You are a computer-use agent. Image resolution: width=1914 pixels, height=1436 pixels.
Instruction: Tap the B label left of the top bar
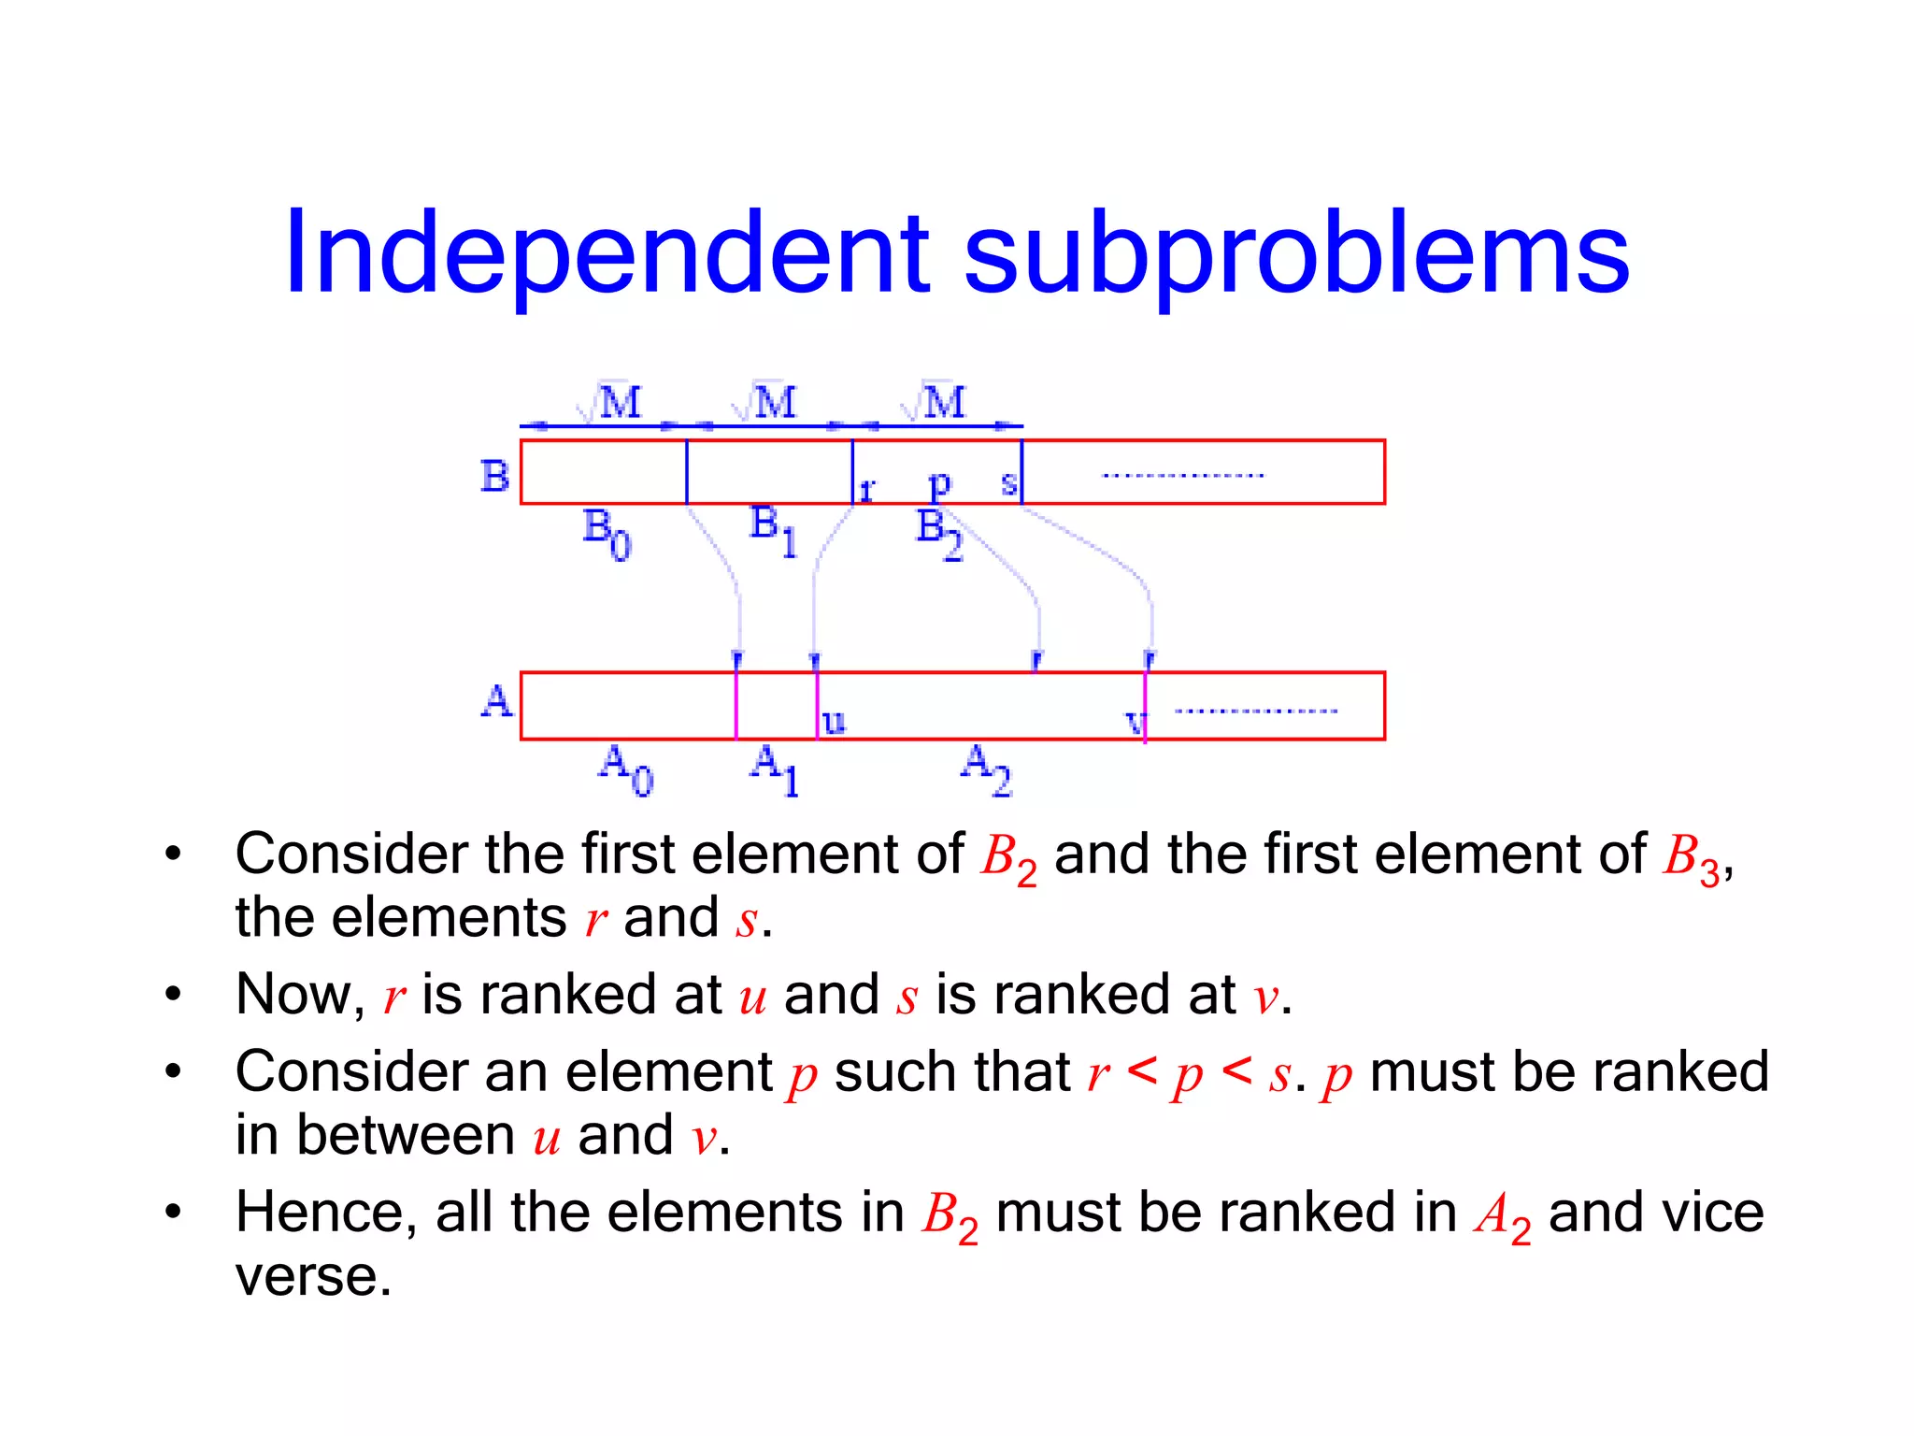[x=494, y=476]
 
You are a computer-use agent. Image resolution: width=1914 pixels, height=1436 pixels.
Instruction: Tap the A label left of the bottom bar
[x=496, y=702]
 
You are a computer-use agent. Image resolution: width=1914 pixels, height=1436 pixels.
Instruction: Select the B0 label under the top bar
[x=607, y=533]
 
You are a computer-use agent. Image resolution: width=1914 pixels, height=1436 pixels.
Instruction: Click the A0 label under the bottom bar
[x=625, y=768]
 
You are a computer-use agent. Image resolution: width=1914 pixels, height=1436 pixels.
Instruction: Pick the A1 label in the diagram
[x=775, y=768]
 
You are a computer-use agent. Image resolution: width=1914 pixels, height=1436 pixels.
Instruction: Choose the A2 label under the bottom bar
[x=986, y=768]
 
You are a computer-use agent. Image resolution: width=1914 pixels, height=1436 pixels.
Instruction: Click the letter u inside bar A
[x=834, y=721]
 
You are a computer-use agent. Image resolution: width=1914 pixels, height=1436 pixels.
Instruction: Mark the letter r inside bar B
[x=866, y=489]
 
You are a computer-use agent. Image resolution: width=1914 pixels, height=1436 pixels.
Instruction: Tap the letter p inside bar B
[x=939, y=484]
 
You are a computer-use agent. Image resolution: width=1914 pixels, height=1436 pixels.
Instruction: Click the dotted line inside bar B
[x=1182, y=476]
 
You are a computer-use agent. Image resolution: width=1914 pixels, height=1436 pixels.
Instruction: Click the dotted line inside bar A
[x=1255, y=711]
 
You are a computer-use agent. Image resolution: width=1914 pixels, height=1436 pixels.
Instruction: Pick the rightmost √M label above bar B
[x=934, y=403]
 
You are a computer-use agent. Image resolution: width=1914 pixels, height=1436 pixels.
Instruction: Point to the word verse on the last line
[x=312, y=1277]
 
